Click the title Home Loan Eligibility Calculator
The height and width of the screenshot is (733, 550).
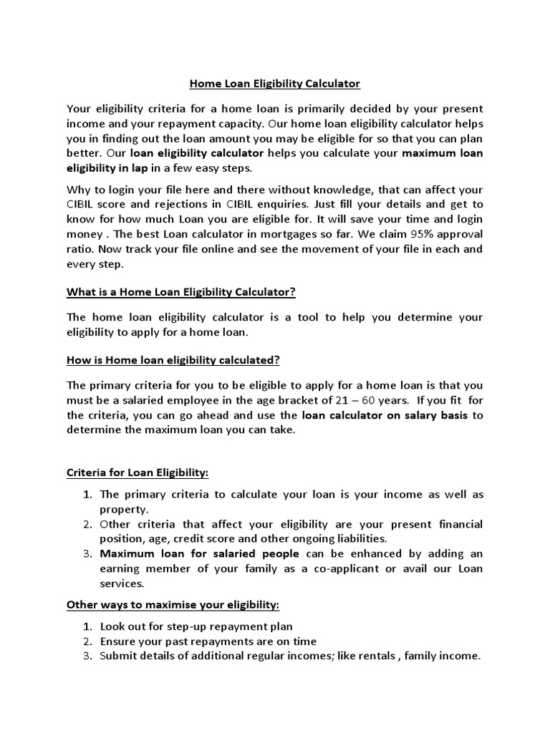point(274,84)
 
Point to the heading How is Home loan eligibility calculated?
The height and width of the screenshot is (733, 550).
point(178,359)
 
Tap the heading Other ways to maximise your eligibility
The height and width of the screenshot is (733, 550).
point(173,605)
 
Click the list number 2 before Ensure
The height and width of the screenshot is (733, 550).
point(87,641)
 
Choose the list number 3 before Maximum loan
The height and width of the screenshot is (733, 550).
point(87,553)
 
